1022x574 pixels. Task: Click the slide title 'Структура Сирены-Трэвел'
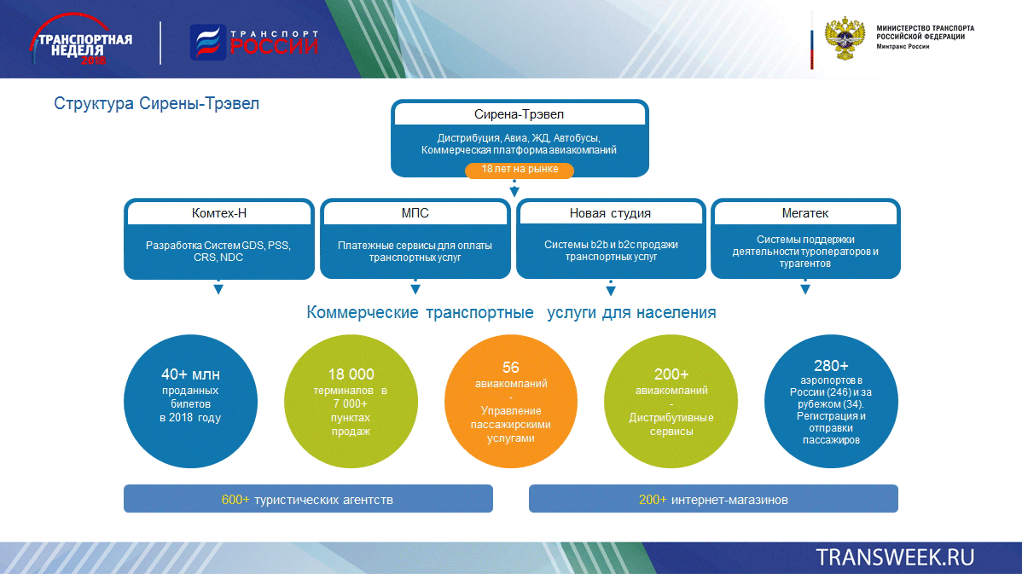(156, 103)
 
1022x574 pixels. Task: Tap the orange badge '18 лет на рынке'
(520, 170)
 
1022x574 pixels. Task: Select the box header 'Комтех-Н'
(219, 213)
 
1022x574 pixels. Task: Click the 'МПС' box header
(415, 213)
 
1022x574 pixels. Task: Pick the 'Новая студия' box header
(611, 213)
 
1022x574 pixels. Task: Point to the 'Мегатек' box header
(805, 213)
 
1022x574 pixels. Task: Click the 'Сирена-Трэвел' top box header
(520, 114)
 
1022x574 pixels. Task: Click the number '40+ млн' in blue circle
(190, 374)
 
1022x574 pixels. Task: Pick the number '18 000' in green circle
(351, 374)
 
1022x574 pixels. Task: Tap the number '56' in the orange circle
(511, 368)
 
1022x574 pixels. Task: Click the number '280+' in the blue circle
(831, 366)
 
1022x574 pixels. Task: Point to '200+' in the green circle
(671, 374)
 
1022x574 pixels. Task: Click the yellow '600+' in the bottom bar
(235, 500)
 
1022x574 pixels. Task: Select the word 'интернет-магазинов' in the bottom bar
(729, 500)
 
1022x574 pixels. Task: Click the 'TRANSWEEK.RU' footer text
(895, 558)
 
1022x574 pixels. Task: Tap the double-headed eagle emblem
(845, 38)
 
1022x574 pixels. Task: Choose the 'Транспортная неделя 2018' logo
(80, 40)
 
